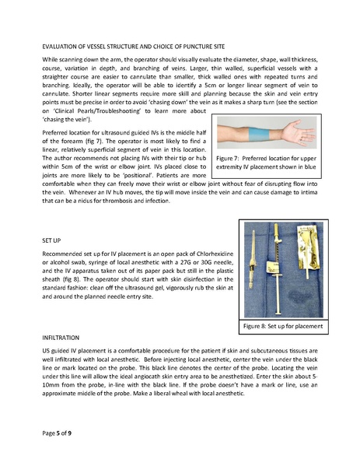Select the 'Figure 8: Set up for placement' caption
click(x=282, y=323)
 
